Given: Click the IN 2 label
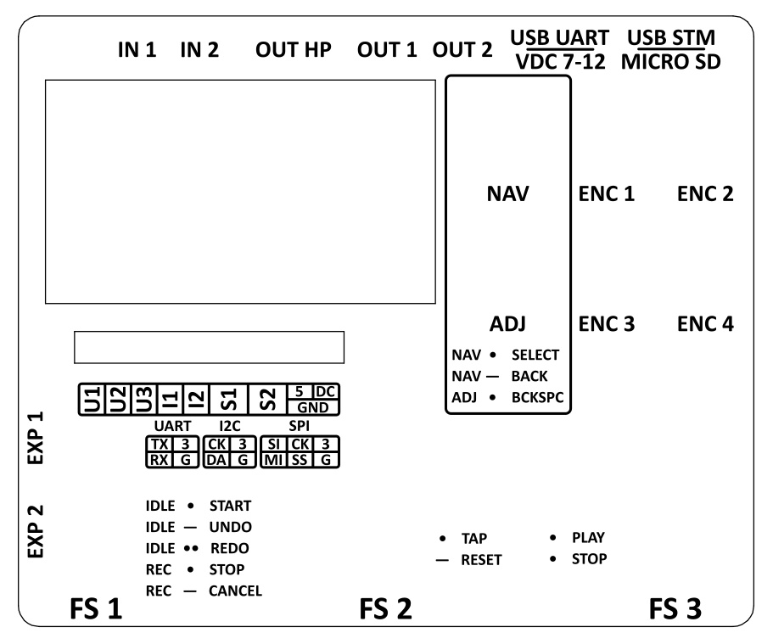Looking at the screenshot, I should pos(200,50).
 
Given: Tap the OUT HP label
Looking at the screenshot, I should pos(292,50).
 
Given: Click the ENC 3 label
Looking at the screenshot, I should pos(607,323).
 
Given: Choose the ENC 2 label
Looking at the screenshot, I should pos(705,194).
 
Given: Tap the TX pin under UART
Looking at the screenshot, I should pos(158,444).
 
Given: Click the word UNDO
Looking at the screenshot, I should pos(230,526).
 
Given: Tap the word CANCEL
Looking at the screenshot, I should pos(235,590).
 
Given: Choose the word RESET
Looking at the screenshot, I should pos(481,560).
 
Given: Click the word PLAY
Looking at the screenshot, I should pos(588,538).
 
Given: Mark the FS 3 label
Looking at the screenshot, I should pos(676,609).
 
